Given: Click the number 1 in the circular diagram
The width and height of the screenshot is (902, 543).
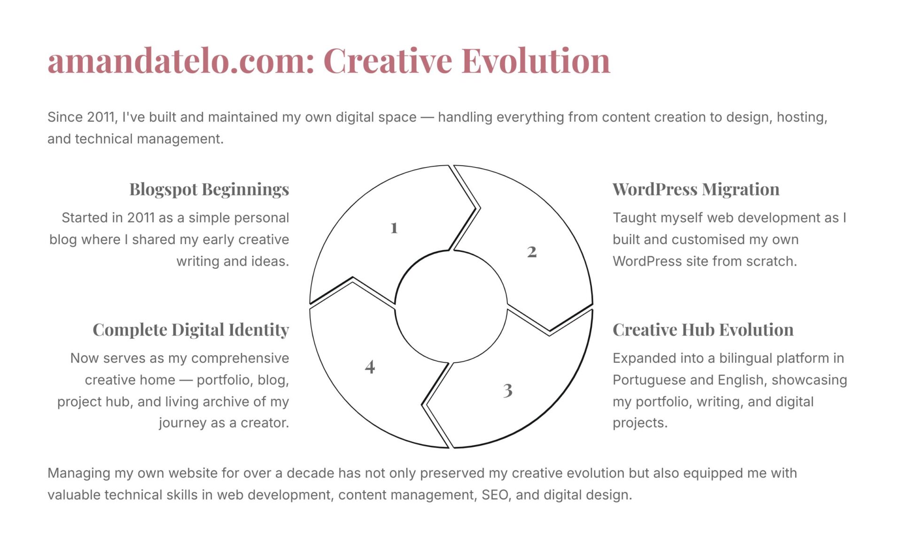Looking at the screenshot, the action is [x=394, y=228].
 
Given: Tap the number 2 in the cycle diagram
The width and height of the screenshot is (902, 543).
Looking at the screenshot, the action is [x=532, y=252].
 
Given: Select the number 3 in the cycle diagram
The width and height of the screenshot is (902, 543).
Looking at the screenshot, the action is [x=508, y=390].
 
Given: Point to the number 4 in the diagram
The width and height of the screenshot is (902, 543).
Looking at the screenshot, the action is [x=370, y=367].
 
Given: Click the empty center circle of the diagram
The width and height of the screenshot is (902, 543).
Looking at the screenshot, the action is [x=451, y=306].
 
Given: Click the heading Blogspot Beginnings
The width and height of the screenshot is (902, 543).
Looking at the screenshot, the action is [x=209, y=189].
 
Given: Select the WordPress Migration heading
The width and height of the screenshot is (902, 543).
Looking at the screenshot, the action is [x=696, y=189].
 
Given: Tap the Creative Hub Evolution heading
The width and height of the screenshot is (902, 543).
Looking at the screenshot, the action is [x=703, y=329].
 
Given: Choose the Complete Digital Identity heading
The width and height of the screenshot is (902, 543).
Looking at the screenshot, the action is [x=191, y=329].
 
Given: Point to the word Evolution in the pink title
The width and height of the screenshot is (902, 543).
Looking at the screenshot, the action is [x=536, y=61].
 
